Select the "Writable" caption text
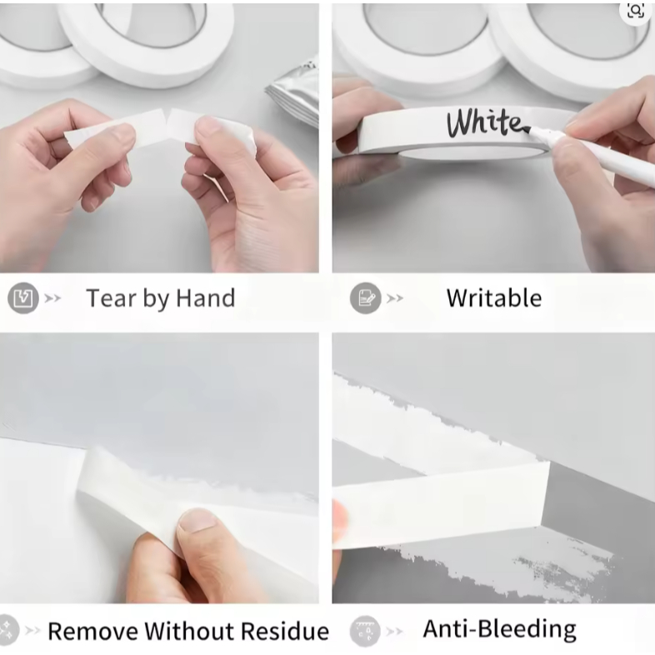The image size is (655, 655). (494, 298)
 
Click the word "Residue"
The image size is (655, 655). (284, 631)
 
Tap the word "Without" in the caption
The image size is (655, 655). (189, 631)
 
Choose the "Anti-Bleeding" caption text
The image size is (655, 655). (500, 629)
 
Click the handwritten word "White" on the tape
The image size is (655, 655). (484, 122)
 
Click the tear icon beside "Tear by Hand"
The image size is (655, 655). (23, 297)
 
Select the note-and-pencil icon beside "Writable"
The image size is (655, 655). (366, 298)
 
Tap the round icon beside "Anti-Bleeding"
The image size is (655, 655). (366, 631)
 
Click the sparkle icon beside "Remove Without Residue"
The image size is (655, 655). (7, 630)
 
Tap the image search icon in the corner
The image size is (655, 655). (636, 11)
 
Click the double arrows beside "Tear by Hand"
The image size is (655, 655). (52, 298)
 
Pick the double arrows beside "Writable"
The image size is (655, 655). (395, 298)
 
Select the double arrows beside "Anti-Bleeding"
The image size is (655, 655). (395, 631)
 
